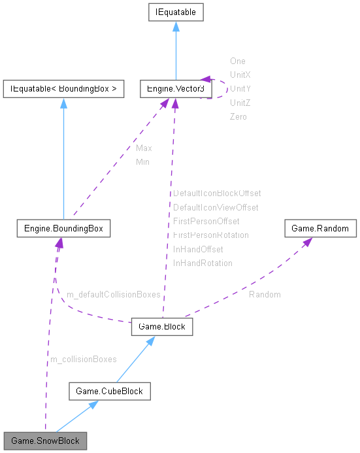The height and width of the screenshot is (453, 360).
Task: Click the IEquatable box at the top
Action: coord(174,12)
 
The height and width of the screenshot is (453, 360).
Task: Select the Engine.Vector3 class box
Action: coord(175,89)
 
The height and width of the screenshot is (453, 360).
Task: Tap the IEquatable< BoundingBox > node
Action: coord(63,89)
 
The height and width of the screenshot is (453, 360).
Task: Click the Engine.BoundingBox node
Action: coord(63,229)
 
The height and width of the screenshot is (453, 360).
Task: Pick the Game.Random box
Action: coord(320,229)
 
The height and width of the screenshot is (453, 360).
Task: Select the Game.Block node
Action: coord(162,327)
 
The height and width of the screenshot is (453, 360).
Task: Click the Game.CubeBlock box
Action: coord(110,392)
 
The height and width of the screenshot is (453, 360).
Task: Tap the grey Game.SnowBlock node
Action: coord(45,441)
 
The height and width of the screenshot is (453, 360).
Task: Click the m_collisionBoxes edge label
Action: coord(83,359)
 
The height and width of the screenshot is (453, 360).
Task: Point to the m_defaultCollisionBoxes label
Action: coord(113,295)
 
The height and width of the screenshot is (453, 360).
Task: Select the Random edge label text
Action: coord(265,295)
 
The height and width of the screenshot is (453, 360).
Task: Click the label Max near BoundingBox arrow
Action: coord(144,148)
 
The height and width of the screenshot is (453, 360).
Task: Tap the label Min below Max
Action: coord(142,161)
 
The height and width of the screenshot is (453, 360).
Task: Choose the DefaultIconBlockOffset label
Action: coord(217,193)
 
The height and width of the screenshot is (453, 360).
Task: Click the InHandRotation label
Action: coord(203,263)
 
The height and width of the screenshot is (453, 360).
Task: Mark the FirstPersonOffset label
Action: coord(206,221)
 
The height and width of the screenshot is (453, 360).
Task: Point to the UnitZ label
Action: coord(240,103)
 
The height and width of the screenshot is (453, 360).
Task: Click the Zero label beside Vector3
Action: coord(238,116)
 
